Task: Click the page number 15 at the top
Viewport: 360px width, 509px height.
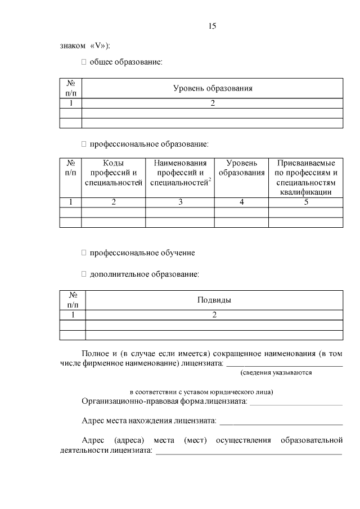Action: (x=212, y=26)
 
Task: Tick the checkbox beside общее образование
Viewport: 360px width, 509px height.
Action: (x=84, y=61)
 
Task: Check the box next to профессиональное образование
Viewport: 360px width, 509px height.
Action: (x=84, y=144)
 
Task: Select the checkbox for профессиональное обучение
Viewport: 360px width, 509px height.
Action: (x=84, y=253)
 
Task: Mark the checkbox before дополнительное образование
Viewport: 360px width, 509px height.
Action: (x=84, y=274)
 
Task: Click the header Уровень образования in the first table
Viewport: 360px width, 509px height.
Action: (x=212, y=88)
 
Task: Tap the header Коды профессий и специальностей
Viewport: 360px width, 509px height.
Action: (x=114, y=173)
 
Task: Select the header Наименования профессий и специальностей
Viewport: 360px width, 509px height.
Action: (x=179, y=173)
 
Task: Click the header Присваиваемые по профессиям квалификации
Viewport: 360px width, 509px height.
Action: (x=306, y=177)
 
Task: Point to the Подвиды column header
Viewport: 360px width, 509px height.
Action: (x=214, y=300)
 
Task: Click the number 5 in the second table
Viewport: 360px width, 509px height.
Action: (x=306, y=202)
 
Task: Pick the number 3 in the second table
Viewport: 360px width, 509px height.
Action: (x=180, y=202)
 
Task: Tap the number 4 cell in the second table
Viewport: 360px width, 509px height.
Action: (x=241, y=202)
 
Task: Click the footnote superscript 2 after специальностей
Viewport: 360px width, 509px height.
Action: (x=209, y=180)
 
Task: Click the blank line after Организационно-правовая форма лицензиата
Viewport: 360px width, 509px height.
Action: (x=296, y=403)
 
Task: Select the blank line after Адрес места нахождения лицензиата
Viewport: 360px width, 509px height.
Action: (x=281, y=422)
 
